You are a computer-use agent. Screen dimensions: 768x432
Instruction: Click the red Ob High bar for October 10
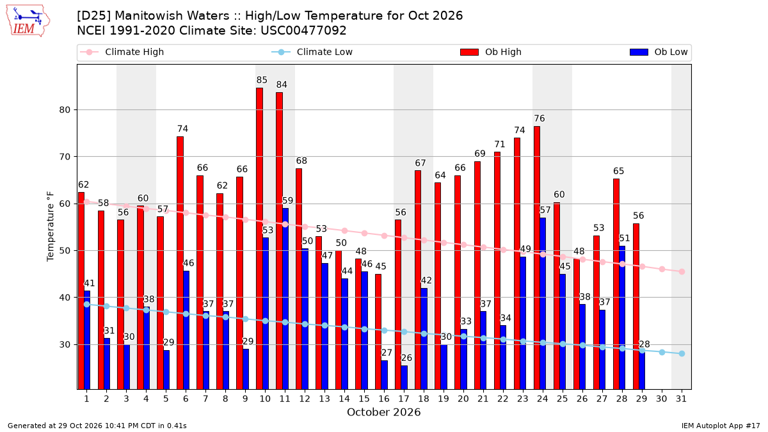tap(260, 239)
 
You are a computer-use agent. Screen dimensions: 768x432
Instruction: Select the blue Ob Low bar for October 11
tap(285, 299)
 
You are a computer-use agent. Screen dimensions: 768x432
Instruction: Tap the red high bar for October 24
tap(537, 258)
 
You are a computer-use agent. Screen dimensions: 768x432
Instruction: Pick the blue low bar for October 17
tap(404, 378)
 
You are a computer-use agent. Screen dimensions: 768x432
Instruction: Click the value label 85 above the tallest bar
tap(262, 80)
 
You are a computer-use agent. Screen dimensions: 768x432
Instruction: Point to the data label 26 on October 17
tap(406, 358)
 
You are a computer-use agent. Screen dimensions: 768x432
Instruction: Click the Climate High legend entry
tap(122, 52)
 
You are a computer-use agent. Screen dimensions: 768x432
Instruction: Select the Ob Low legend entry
tap(659, 52)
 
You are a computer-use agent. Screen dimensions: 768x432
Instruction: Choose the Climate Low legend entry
tap(312, 52)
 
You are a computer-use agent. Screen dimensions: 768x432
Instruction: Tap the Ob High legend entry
tap(491, 52)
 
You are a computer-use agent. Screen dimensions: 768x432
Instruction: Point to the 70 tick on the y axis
tap(65, 157)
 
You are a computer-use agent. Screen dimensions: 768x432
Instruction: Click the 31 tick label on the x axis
tap(681, 399)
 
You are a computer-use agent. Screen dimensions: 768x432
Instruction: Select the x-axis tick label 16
tap(384, 399)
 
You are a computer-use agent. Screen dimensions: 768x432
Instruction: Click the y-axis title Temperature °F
tap(51, 227)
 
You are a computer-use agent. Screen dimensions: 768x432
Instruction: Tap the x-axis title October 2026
tap(383, 412)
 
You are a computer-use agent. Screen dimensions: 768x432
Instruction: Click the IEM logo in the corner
tap(28, 21)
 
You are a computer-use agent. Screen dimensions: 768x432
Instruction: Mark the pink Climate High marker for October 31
tap(682, 271)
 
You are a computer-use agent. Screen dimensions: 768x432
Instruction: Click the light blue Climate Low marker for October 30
tap(662, 352)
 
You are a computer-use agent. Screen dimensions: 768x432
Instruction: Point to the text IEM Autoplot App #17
tap(721, 426)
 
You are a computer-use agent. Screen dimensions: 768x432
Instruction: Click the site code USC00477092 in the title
tap(303, 31)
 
